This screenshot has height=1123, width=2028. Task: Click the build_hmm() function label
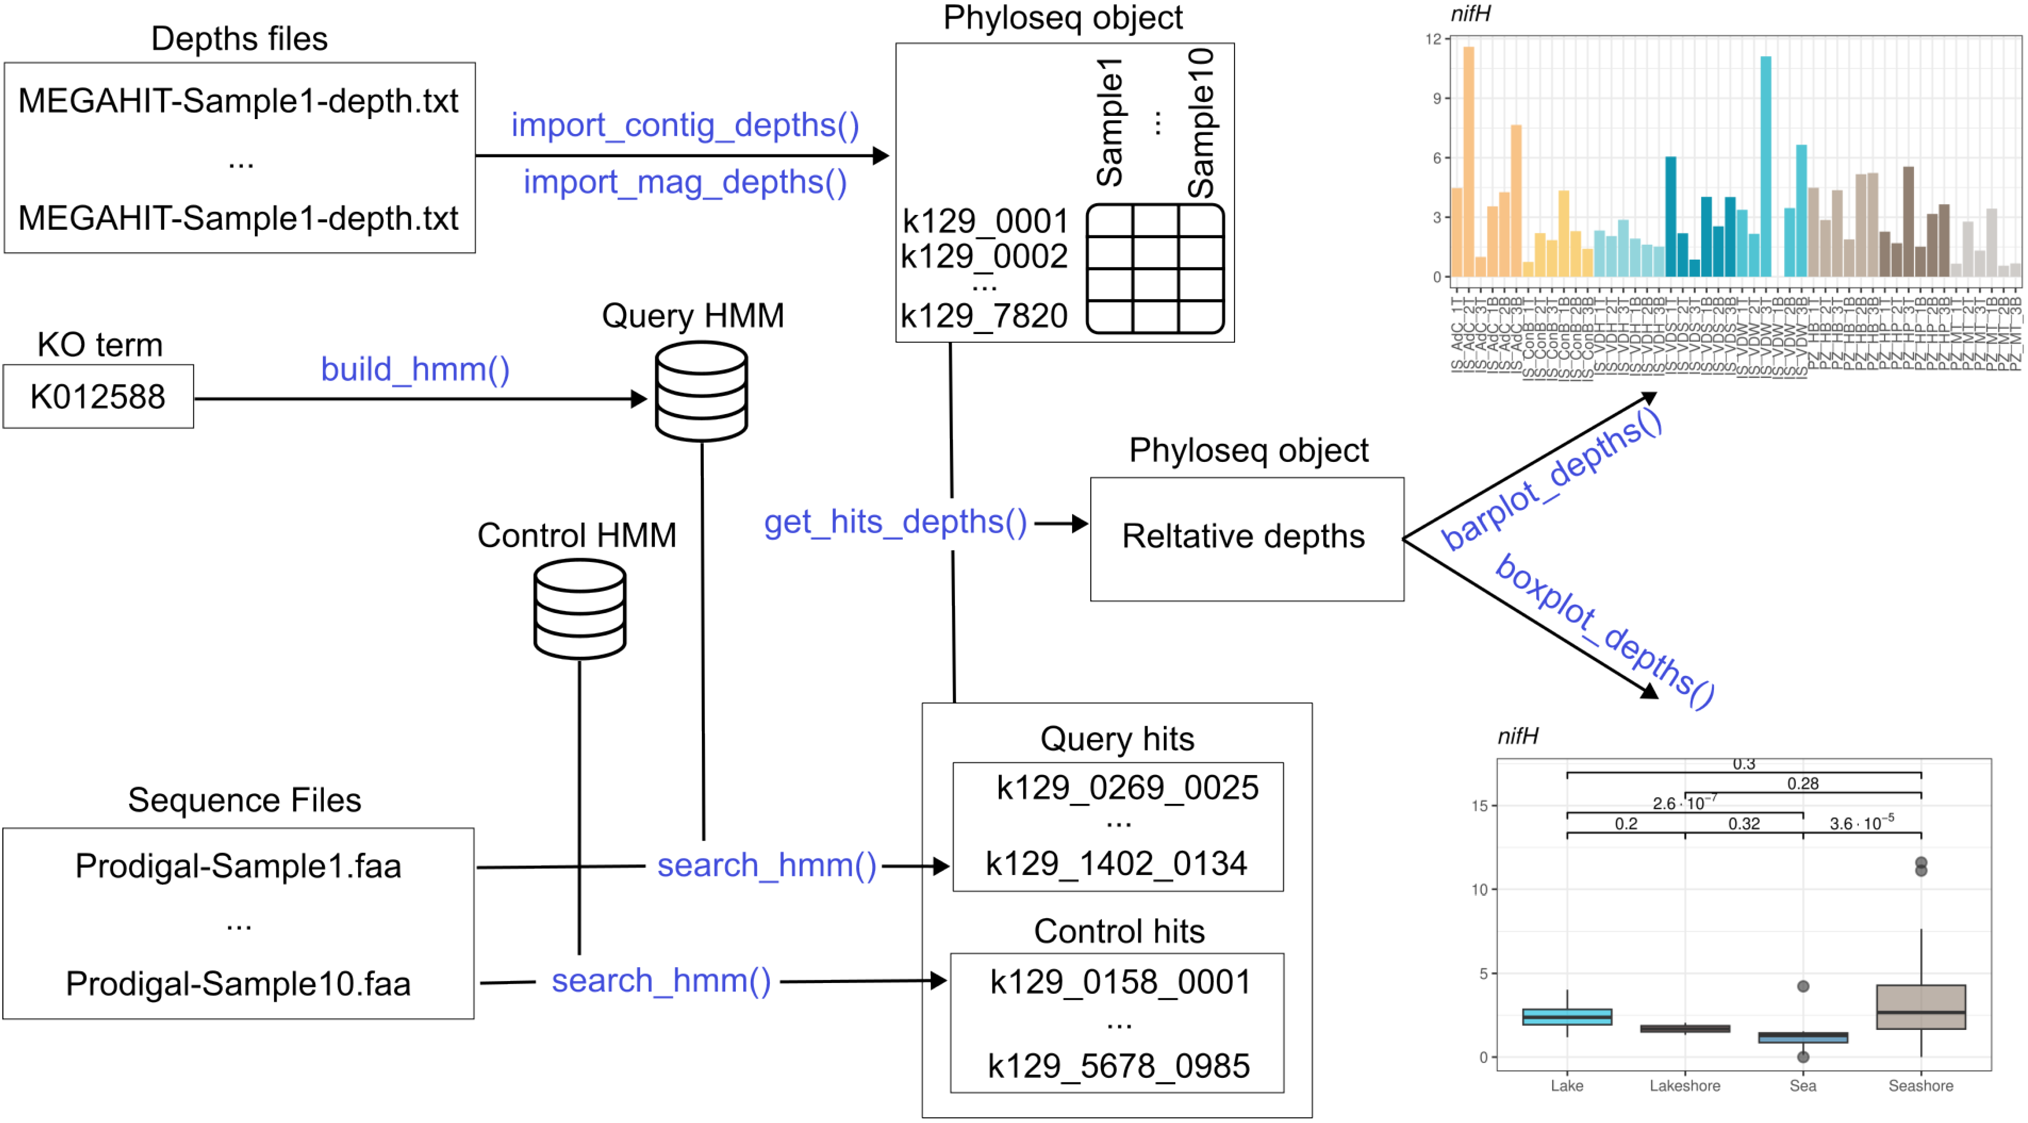(415, 369)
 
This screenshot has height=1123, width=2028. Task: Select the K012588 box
(99, 396)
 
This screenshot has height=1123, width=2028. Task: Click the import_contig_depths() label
(685, 125)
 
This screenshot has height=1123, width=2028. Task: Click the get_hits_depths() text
(895, 522)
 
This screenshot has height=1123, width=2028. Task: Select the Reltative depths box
(1246, 538)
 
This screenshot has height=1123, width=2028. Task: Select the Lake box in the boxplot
(1567, 1016)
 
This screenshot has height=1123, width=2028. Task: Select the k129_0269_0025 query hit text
(1127, 788)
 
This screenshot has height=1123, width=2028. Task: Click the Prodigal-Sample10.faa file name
(239, 983)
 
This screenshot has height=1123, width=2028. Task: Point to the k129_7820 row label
(984, 316)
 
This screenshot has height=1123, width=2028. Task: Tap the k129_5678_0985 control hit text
(1119, 1065)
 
